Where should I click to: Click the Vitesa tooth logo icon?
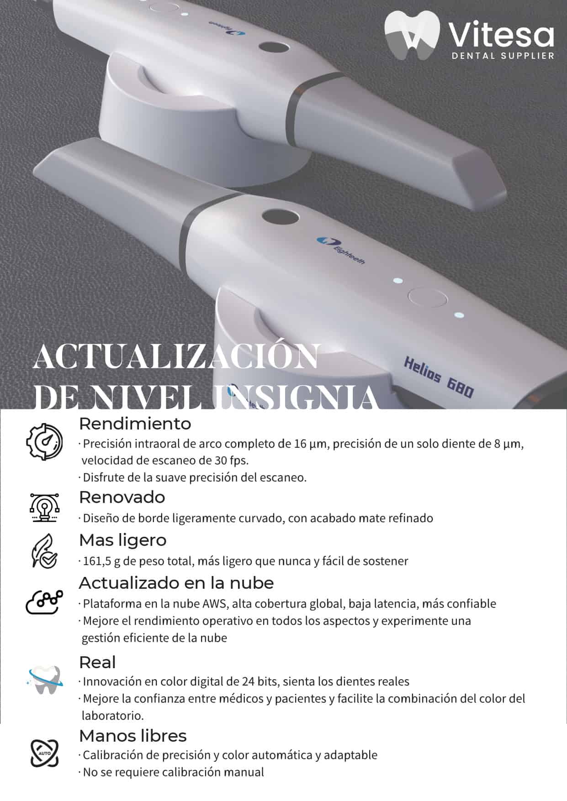[x=412, y=36]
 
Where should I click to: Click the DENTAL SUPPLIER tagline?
[x=503, y=56]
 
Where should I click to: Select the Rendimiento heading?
[x=135, y=424]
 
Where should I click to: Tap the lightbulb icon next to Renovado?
[x=44, y=507]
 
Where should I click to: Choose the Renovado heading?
[x=122, y=497]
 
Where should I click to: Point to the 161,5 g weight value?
[x=101, y=561]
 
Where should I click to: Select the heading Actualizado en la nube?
[x=176, y=583]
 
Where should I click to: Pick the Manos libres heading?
[x=133, y=736]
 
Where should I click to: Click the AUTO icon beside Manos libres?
[x=44, y=753]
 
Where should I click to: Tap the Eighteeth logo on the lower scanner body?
[x=340, y=250]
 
